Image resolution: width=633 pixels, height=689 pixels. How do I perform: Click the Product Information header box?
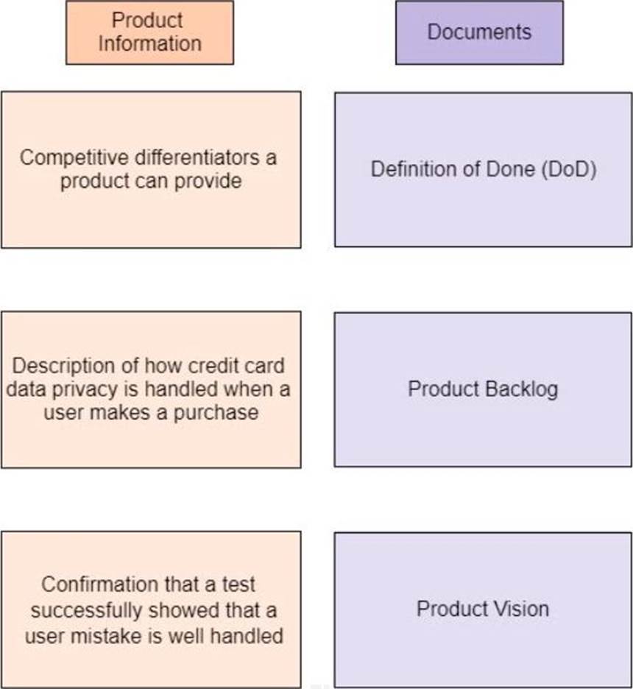pos(149,32)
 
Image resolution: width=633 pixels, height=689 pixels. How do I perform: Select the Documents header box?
pos(479,32)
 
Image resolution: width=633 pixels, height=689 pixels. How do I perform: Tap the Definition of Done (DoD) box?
pos(484,169)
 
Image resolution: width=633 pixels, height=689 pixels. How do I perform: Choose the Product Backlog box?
pos(483,389)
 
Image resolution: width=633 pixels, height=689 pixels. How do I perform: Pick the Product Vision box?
pos(483,609)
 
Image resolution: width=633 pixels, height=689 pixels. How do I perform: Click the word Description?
pos(64,366)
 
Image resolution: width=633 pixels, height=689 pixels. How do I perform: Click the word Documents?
pos(479,32)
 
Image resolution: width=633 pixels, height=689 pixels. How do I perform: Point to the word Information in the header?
pos(149,43)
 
